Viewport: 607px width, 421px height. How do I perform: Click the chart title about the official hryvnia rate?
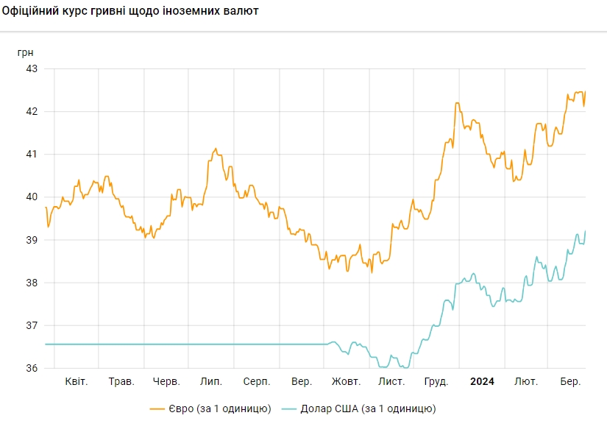pos(131,13)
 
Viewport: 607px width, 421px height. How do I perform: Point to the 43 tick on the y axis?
pos(32,68)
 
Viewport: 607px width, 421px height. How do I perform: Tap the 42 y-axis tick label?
pos(32,111)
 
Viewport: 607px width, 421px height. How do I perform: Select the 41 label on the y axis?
pos(32,154)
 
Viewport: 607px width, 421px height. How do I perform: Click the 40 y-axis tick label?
pos(32,197)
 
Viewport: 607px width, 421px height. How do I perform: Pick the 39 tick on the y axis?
pos(32,240)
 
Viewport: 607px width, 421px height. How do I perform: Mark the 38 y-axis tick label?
pos(32,283)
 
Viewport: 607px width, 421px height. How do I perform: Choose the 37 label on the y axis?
pos(32,325)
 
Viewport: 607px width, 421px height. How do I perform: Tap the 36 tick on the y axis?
pos(32,368)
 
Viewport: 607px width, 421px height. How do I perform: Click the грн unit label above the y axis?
pos(26,52)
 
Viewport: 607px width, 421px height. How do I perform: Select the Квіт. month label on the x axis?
pos(77,381)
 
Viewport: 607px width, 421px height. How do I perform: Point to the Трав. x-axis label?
pos(121,381)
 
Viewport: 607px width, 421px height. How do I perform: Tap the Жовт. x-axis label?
pos(346,381)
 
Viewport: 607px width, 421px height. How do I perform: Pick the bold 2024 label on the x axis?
pos(482,381)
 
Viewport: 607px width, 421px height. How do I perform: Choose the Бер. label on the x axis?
pos(571,381)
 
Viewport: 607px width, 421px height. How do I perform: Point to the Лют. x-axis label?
pos(526,381)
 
